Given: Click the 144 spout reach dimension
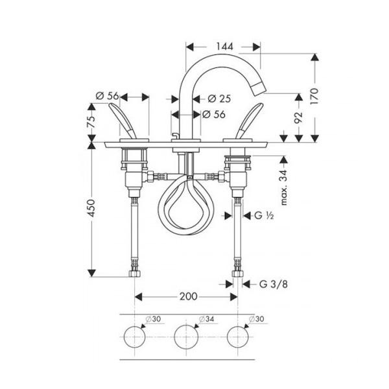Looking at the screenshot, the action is [224, 47].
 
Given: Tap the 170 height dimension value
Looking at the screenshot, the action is [314, 96].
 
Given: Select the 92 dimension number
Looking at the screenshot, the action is [298, 117].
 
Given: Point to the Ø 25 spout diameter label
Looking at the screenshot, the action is [219, 99].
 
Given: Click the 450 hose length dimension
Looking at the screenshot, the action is [91, 208].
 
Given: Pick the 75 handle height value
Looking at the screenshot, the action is [91, 122].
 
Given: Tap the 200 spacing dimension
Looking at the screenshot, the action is [189, 296].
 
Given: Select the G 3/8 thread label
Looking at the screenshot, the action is [274, 284].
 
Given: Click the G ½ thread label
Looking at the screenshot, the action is [264, 215].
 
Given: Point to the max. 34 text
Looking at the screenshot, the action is [284, 187].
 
